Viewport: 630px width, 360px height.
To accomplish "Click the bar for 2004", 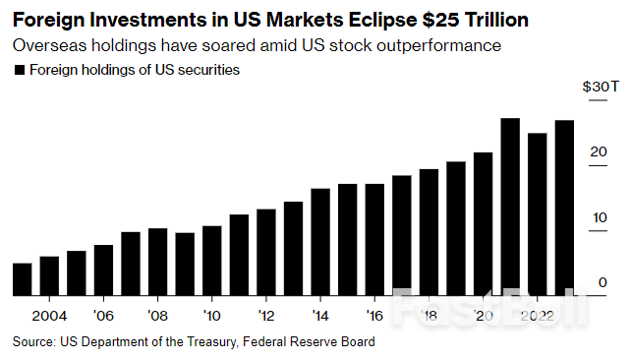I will pyautogui.click(x=49, y=275).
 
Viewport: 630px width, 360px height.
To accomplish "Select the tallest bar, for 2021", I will pyautogui.click(x=510, y=207).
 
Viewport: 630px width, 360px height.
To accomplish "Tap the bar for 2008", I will pyautogui.click(x=157, y=262).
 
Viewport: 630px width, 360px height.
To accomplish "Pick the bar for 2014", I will pyautogui.click(x=320, y=242).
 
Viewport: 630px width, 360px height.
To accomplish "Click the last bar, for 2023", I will pyautogui.click(x=564, y=208).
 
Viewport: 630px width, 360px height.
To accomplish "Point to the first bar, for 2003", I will pyautogui.click(x=22, y=279).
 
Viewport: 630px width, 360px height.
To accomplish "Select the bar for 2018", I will pyautogui.click(x=429, y=232).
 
